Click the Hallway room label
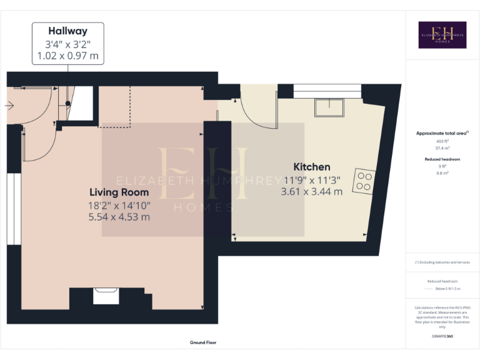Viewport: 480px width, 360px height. click(x=67, y=31)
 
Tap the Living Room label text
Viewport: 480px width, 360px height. click(x=119, y=192)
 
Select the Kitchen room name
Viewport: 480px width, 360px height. click(x=312, y=167)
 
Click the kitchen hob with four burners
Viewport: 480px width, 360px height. click(x=364, y=181)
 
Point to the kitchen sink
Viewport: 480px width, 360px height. click(x=329, y=107)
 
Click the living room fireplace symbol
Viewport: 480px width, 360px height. click(x=106, y=295)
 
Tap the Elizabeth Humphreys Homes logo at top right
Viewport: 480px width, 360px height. click(x=442, y=35)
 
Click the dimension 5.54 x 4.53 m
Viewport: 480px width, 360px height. click(x=119, y=217)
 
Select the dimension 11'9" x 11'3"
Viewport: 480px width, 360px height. click(x=311, y=180)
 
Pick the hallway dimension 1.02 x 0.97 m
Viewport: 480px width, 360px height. click(x=67, y=56)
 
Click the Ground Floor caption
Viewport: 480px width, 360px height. click(x=203, y=342)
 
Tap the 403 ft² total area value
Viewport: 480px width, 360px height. click(x=442, y=142)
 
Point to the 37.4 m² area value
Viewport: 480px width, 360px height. click(x=442, y=149)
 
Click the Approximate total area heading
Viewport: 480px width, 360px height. click(x=441, y=133)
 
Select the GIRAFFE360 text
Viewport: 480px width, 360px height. click(x=442, y=337)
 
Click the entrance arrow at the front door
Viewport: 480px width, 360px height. click(x=9, y=105)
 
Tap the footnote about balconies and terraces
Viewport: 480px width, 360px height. click(x=442, y=262)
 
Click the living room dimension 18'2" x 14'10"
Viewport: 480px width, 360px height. click(x=119, y=204)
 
